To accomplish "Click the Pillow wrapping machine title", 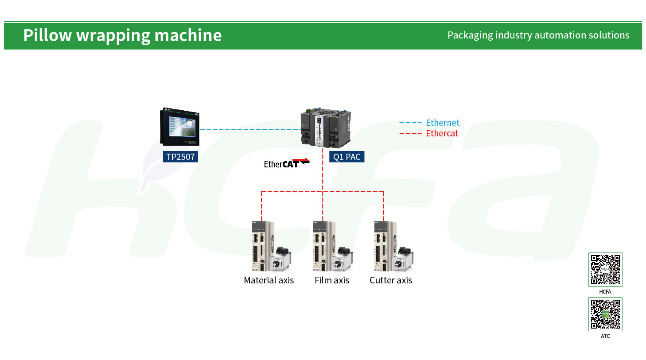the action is point(122,36).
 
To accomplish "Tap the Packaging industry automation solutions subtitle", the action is point(538,35).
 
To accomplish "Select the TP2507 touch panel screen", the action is point(180,127).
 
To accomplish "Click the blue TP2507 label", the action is point(180,156).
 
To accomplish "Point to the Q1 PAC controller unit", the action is point(326,128).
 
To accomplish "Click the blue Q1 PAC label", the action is point(346,156).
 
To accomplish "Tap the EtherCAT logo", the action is point(287,163).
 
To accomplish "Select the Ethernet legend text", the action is point(442,123).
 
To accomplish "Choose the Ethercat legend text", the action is point(442,133).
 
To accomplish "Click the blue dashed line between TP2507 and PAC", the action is point(250,129).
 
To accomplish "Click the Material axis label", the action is point(269,280).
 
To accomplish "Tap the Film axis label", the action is point(332,280).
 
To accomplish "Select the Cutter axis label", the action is point(391,280).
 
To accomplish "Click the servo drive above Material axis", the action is point(262,246).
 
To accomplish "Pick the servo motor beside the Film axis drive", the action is point(342,259).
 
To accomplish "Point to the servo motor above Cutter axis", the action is point(403,259).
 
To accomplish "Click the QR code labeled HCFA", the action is point(605,270).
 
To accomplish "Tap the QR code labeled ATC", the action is point(605,314).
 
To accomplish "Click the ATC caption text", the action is point(605,336).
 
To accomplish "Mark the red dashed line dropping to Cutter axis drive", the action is point(384,206).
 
